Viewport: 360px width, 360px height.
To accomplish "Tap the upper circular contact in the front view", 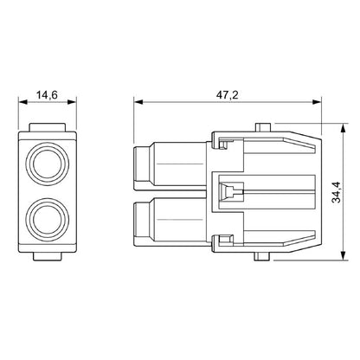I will click(48, 160).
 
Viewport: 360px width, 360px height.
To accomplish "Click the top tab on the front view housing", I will click(48, 128).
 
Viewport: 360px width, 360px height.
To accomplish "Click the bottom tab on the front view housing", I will click(48, 256).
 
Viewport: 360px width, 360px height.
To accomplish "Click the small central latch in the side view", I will click(228, 191).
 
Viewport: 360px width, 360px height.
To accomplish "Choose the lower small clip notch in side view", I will click(228, 241).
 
